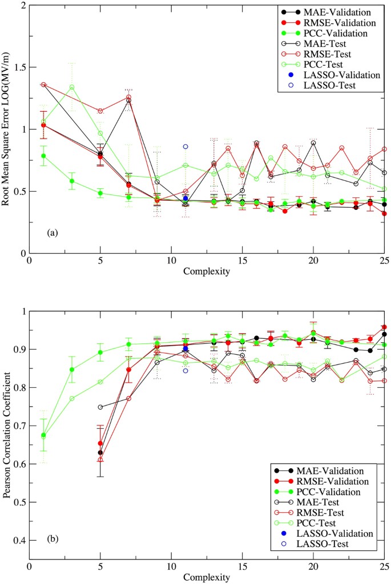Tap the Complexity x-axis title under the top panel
207,271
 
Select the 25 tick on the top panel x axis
384,261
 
